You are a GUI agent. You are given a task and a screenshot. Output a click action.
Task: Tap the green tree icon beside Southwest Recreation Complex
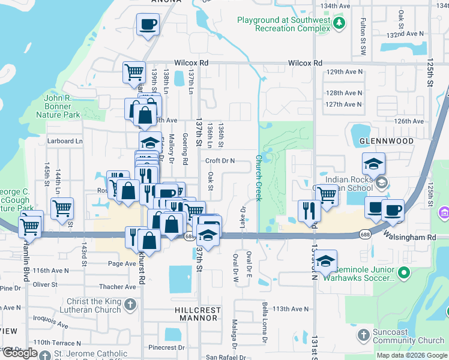coord(340,23)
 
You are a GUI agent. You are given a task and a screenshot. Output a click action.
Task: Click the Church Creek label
coord(259,178)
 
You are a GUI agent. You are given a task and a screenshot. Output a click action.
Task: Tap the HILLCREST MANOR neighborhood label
coord(189,315)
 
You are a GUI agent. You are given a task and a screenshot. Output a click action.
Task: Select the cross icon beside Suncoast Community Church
coord(363,334)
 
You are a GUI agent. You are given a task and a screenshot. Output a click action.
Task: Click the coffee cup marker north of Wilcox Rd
coord(148,26)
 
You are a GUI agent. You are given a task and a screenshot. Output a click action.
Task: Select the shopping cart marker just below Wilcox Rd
coord(134,72)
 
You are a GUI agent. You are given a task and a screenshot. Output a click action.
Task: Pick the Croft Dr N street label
coord(220,161)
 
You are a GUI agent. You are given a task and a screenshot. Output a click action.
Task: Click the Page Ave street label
coord(122,263)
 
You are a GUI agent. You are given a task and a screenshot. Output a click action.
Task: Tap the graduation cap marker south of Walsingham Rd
coord(325,261)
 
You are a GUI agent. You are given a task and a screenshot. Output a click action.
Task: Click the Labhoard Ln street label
coord(64,142)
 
